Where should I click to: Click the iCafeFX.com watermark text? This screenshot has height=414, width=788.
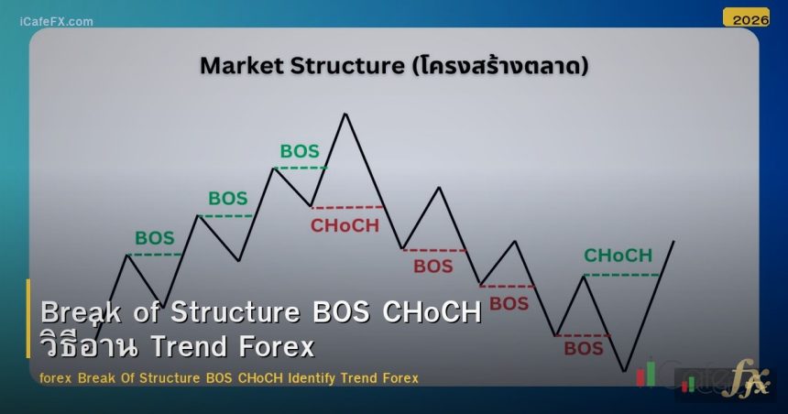pyautogui.click(x=56, y=21)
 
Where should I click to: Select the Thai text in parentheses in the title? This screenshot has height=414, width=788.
pyautogui.click(x=500, y=66)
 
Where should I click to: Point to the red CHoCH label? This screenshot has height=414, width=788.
pyautogui.click(x=345, y=225)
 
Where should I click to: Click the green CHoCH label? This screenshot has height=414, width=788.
pyautogui.click(x=618, y=256)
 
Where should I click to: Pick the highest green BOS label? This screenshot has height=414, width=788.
pyautogui.click(x=300, y=151)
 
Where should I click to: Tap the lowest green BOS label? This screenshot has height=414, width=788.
pyautogui.click(x=154, y=238)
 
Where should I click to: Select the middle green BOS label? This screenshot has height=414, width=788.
pyautogui.click(x=228, y=198)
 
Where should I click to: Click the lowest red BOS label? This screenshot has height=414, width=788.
pyautogui.click(x=584, y=348)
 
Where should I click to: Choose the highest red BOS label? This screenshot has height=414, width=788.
pyautogui.click(x=433, y=267)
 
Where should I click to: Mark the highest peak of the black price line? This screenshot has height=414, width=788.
pyautogui.click(x=345, y=114)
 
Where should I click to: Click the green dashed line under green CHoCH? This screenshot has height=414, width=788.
pyautogui.click(x=620, y=275)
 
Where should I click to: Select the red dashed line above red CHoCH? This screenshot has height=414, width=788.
pyautogui.click(x=347, y=207)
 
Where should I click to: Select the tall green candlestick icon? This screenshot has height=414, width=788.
pyautogui.click(x=651, y=372)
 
